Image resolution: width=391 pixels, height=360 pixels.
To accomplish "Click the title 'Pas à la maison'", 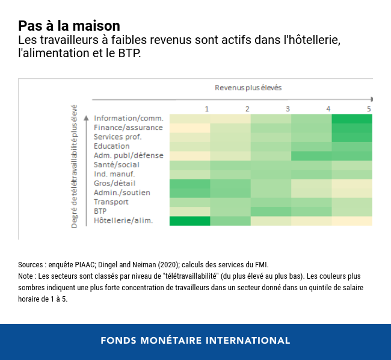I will (x=69, y=26).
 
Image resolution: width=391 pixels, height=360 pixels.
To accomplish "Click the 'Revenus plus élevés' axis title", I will (x=248, y=87).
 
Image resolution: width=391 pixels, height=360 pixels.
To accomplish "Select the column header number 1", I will (x=207, y=108).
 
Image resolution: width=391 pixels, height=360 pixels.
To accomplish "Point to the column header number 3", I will (x=288, y=108).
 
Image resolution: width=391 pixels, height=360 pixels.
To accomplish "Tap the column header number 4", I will (x=328, y=108).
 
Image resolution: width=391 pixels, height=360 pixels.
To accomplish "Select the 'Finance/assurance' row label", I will (x=128, y=128).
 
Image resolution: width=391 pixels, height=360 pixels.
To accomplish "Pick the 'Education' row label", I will (x=111, y=146).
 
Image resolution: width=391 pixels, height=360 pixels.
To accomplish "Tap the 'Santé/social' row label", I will (x=117, y=164).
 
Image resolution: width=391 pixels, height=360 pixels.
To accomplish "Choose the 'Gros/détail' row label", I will (x=114, y=183).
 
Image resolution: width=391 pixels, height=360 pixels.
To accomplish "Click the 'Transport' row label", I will (x=111, y=202).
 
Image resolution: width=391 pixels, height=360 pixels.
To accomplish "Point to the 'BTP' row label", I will (x=100, y=211).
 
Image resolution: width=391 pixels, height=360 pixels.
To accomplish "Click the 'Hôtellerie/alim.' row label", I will (x=123, y=220).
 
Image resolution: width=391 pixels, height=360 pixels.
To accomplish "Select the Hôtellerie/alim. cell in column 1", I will (x=189, y=220).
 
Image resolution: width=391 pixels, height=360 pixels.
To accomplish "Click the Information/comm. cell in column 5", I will (x=352, y=118).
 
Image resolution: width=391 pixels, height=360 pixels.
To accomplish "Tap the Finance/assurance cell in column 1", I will (x=189, y=128).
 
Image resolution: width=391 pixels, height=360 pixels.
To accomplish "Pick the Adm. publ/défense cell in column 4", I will (x=311, y=155).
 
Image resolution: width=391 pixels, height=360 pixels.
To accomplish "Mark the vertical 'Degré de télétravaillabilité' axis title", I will (x=75, y=167).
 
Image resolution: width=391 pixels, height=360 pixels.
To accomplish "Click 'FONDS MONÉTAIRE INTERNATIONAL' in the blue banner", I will (x=195, y=340).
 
